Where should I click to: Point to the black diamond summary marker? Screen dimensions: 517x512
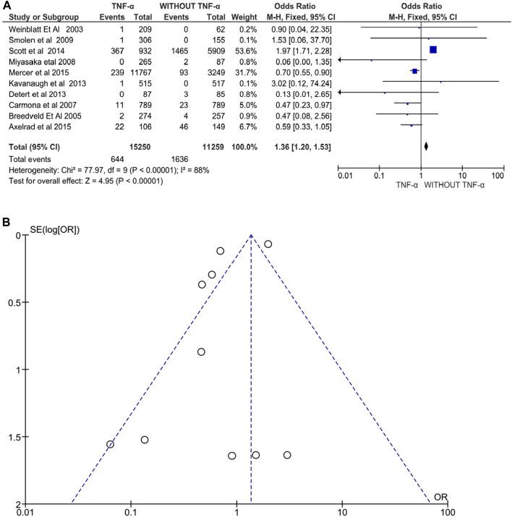pos(426,146)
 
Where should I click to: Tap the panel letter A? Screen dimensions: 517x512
pos(7,5)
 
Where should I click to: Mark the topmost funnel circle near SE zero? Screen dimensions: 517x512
pos(268,244)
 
